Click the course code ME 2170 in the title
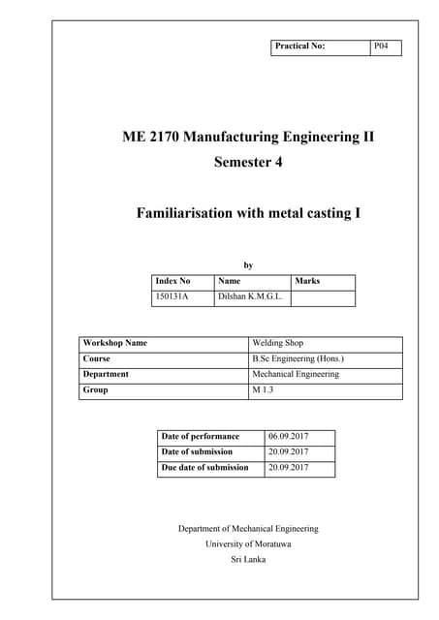point(154,137)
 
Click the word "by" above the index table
point(248,263)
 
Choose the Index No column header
point(173,281)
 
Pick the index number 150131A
point(172,297)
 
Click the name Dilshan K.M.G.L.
point(250,297)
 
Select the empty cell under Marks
point(323,297)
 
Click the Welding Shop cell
point(277,343)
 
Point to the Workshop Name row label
point(115,343)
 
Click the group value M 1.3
point(264,390)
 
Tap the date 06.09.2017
point(288,437)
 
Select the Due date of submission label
point(205,468)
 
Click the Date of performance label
point(200,437)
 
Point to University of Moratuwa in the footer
point(248,543)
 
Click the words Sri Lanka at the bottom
point(248,559)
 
